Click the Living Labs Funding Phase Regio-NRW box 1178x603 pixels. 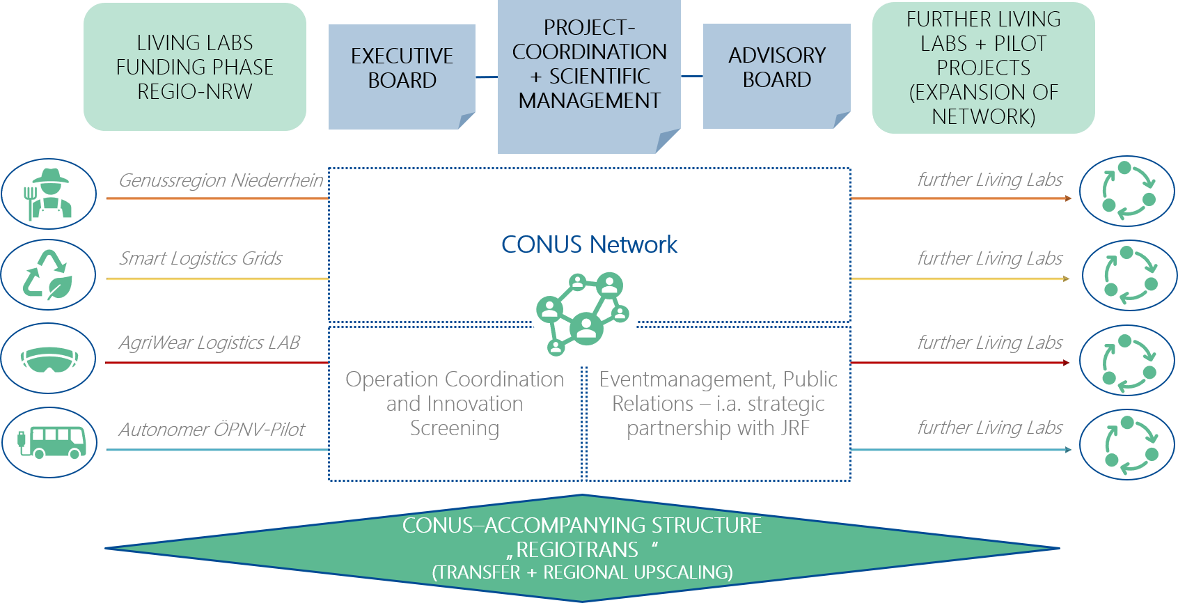(x=195, y=67)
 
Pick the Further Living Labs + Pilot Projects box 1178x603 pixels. (x=983, y=68)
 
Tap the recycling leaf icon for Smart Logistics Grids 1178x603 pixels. (x=49, y=274)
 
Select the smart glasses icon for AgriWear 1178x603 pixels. (x=49, y=359)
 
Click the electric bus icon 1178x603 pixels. (x=49, y=442)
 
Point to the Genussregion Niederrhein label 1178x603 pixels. (x=221, y=180)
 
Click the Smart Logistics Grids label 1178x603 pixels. (x=201, y=258)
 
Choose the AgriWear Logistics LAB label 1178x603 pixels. (x=209, y=343)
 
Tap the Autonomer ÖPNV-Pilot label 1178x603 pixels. (x=212, y=429)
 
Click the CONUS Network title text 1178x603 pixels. (x=589, y=244)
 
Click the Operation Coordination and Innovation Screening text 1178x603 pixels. (x=455, y=403)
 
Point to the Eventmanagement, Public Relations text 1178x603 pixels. (x=718, y=403)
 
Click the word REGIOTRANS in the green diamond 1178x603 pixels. (x=577, y=550)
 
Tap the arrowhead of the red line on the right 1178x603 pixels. (x=1066, y=363)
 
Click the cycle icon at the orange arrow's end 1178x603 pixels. (x=1127, y=191)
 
